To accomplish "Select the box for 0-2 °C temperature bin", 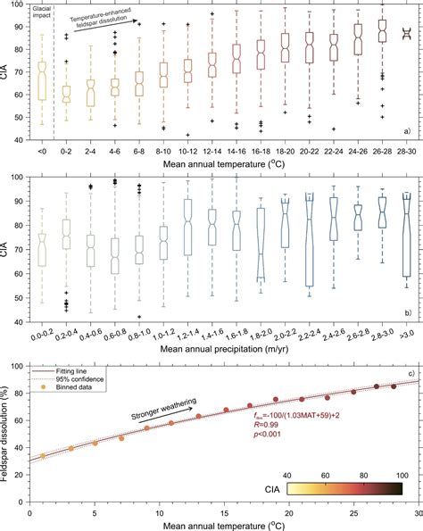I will tap(66, 94).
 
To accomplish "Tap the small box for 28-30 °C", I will tap(407, 33).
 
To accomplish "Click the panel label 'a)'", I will tap(406, 131).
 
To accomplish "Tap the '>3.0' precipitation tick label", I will tap(407, 328).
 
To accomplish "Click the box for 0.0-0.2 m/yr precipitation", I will tap(41, 249).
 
